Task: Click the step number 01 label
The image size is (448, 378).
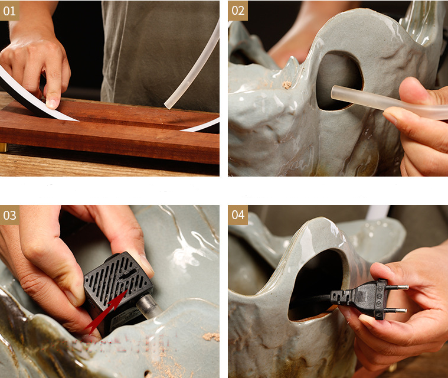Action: [9, 11]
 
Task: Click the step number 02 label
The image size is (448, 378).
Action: [238, 11]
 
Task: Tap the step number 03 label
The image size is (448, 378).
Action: [9, 215]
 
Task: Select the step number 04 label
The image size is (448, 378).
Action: [238, 215]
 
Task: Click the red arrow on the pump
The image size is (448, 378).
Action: [106, 312]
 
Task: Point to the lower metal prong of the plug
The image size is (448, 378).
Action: [397, 310]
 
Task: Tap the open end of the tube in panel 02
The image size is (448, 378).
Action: [334, 92]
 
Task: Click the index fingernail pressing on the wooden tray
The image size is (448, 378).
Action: [52, 103]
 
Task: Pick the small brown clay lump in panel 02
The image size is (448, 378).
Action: [287, 84]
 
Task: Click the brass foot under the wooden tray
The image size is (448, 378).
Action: [4, 147]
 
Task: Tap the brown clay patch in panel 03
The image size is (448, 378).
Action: [211, 337]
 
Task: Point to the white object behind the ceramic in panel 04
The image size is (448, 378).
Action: [378, 213]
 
